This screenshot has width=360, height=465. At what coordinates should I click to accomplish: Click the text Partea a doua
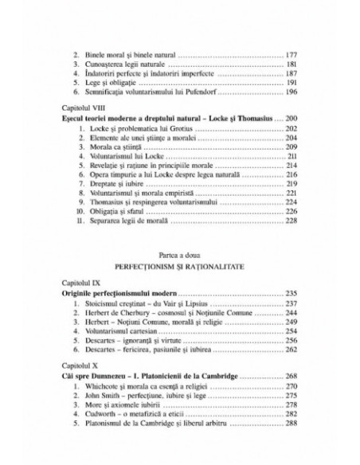point(179,252)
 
